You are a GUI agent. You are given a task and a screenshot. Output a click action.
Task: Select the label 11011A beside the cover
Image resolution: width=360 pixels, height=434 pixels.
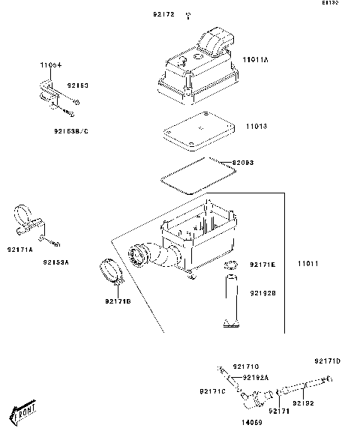[x=258, y=57]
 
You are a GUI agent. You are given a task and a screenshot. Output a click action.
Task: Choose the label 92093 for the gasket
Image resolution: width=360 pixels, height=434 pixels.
[x=244, y=162]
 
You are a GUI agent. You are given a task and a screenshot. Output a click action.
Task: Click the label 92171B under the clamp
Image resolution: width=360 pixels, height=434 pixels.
[x=118, y=301]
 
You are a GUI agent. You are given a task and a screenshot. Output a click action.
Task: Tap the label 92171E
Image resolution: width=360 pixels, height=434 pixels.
[x=262, y=265]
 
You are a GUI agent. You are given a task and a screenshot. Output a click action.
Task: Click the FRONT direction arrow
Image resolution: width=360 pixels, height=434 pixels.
[x=22, y=412]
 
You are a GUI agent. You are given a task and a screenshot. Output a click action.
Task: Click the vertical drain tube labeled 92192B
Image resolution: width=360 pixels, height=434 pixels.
[x=232, y=300]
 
